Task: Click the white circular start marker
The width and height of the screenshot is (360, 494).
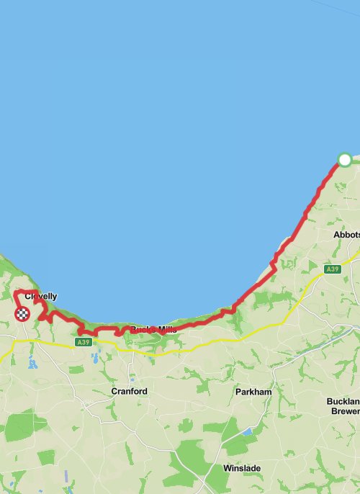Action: pos(345,159)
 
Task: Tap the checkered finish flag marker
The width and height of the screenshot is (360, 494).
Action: pos(23,313)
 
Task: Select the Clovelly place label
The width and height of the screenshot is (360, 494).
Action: pos(40,296)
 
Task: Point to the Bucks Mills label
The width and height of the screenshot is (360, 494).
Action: pos(153,330)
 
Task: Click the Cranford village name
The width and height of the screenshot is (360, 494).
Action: pos(129,391)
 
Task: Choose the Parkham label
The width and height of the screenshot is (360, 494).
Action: pos(253,392)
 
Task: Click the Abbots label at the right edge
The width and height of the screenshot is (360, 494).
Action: pos(346,235)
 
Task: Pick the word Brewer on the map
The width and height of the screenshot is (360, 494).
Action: pos(345,411)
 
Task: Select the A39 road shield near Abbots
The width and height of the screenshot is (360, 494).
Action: pos(332,269)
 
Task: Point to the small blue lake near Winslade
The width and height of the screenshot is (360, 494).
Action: pos(248,431)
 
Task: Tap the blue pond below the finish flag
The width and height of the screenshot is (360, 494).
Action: pos(32,362)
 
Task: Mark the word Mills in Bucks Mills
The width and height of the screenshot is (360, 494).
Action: pos(164,330)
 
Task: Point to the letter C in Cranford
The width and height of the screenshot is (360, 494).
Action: pos(114,391)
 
